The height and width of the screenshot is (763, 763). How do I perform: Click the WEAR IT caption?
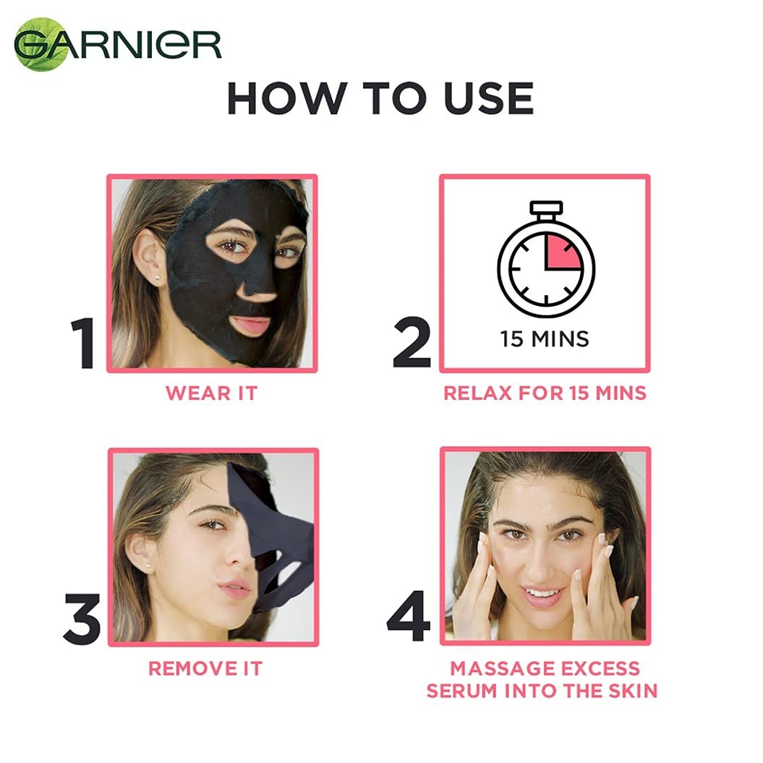[211, 393]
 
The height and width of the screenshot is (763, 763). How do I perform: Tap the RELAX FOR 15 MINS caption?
[545, 393]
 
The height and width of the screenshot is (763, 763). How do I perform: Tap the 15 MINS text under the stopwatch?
[545, 338]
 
